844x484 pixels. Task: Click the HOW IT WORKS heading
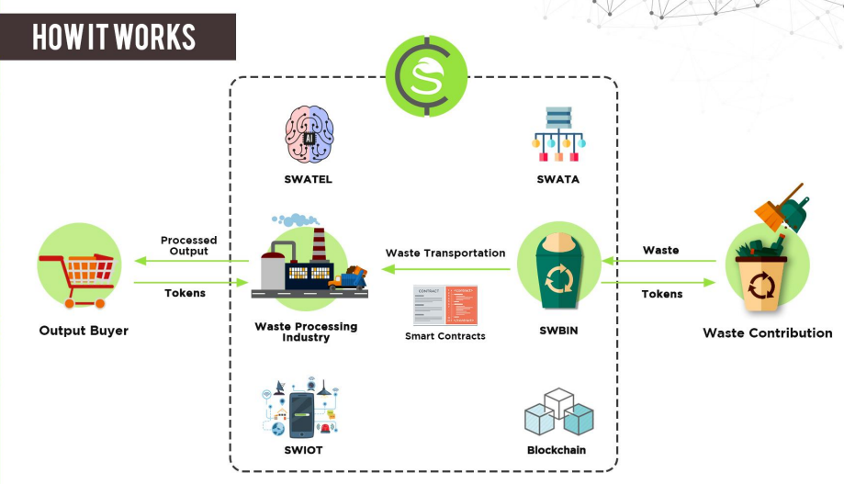(x=115, y=37)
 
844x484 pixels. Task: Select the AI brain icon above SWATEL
(x=308, y=134)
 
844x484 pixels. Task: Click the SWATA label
(x=558, y=179)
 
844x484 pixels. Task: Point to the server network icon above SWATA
(x=558, y=133)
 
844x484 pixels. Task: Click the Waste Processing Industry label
(x=306, y=332)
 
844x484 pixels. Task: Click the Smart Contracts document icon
(x=445, y=305)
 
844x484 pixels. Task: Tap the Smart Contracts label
(x=445, y=336)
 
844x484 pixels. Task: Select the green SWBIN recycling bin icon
(x=558, y=267)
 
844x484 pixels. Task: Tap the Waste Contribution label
(x=768, y=332)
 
